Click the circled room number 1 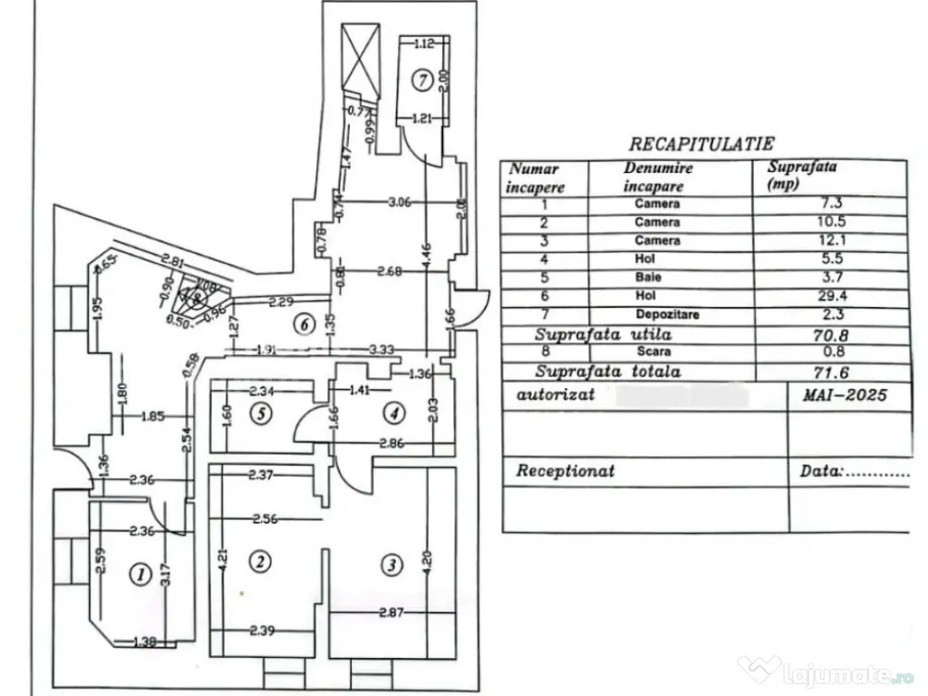click(x=140, y=573)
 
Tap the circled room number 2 click(x=260, y=562)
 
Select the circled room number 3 click(x=391, y=565)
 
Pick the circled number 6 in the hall click(x=305, y=322)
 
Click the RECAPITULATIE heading click(x=701, y=143)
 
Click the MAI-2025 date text click(x=843, y=395)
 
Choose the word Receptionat click(x=565, y=471)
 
